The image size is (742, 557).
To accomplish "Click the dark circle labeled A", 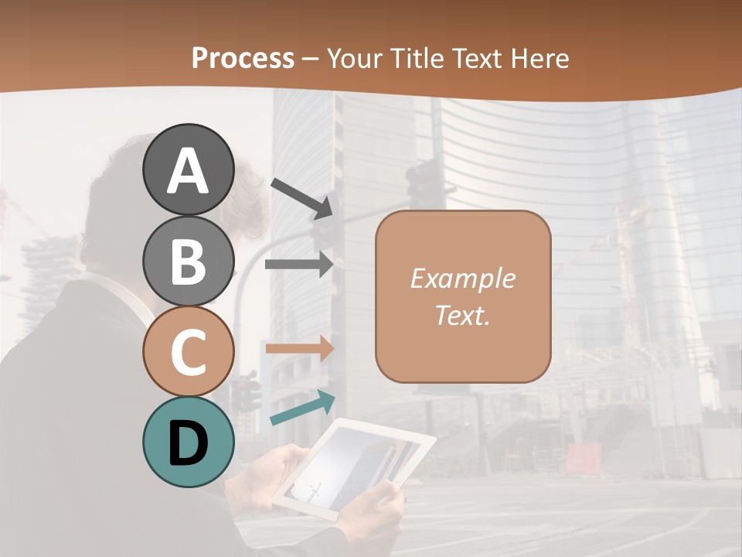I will (188, 170).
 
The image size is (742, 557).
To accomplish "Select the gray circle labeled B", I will (188, 261).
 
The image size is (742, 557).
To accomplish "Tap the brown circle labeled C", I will (188, 351).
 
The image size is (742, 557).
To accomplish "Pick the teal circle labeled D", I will (188, 442).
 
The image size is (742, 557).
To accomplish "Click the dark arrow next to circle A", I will (301, 197).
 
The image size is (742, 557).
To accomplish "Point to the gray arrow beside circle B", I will (299, 265).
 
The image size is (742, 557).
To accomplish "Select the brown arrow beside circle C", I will (299, 348).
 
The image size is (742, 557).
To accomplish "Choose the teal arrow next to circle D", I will (302, 408).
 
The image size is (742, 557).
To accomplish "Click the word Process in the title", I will (243, 58).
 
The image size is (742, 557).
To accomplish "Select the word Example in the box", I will (462, 278).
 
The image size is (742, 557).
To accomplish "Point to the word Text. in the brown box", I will (462, 315).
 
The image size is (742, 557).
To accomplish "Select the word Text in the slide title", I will (477, 58).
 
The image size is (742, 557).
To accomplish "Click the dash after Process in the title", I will (311, 59).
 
